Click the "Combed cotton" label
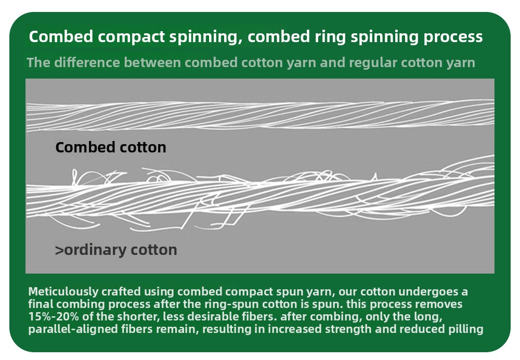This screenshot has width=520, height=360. click(111, 147)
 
